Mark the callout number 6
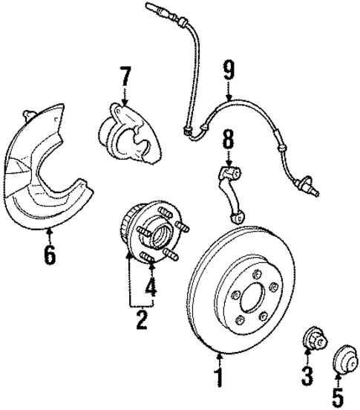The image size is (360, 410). coord(50,257)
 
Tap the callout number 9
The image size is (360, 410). coord(229,71)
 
